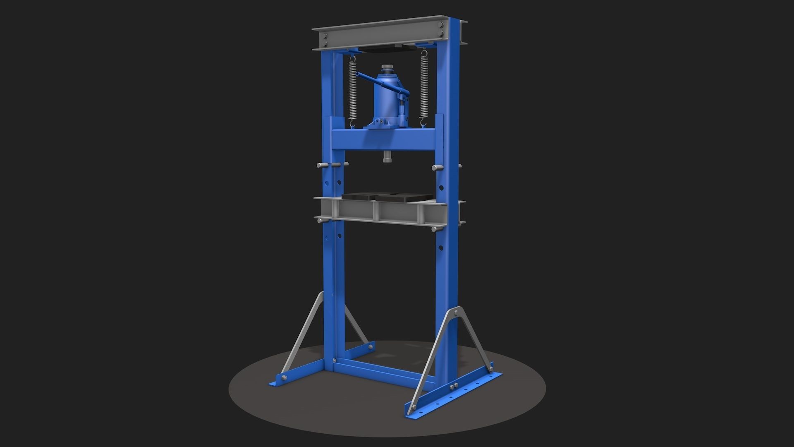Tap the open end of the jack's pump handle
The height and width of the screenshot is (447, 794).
click(x=358, y=75)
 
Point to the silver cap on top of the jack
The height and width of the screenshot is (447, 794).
click(x=387, y=68)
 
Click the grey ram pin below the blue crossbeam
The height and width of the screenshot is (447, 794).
click(x=387, y=157)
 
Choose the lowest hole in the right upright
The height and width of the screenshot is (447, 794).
click(x=441, y=248)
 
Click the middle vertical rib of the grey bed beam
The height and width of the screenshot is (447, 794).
click(x=377, y=211)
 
